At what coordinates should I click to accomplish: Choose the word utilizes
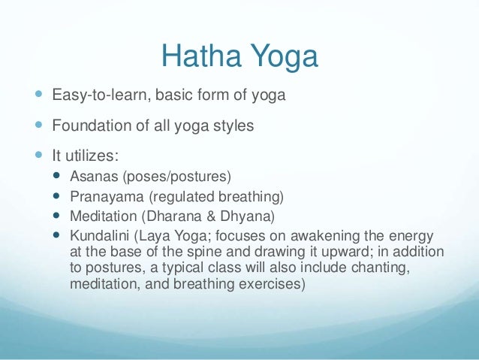coord(93,156)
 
